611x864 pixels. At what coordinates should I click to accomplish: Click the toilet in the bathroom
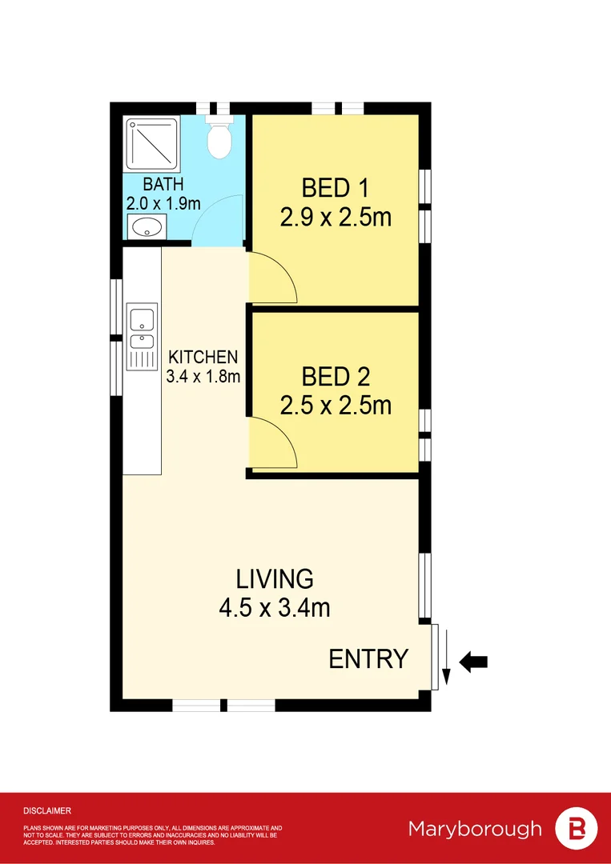pos(219,140)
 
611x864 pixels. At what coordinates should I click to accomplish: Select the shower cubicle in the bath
pos(152,144)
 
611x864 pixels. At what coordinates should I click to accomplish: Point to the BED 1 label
pos(335,188)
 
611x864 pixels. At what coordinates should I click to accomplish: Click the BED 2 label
pos(335,376)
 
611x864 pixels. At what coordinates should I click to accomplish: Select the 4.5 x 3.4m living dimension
pos(274,607)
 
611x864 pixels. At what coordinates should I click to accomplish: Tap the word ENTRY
pos(368,659)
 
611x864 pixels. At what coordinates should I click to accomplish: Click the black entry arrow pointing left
pos(474,662)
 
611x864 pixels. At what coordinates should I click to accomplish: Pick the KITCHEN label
pos(203,357)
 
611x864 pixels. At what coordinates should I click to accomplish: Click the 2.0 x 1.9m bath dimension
pos(163,203)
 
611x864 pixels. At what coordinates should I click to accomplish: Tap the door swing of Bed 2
pos(275,445)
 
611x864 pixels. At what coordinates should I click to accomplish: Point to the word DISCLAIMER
pos(47,810)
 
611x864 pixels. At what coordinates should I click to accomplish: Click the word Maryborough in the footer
pos(475,828)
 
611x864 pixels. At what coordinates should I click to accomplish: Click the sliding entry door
pos(435,656)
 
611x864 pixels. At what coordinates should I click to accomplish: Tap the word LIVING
pos(274,578)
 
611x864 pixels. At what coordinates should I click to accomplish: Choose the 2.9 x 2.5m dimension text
pos(336,217)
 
